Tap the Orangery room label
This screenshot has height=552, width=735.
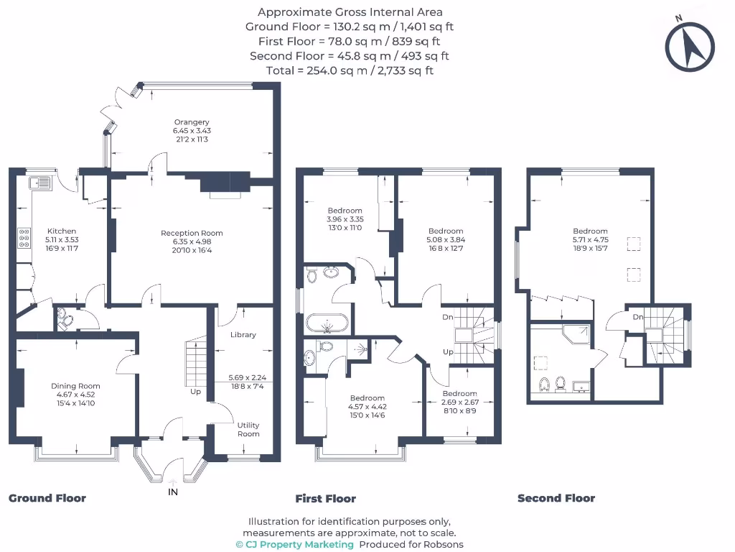[x=191, y=122]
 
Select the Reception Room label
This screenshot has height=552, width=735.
[x=192, y=233]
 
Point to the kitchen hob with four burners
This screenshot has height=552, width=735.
[x=24, y=236]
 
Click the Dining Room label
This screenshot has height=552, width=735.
[x=75, y=386]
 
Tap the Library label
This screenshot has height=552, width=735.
[x=243, y=335]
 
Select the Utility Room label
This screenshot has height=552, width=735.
[x=248, y=429]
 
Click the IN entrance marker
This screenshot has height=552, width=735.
[x=172, y=492]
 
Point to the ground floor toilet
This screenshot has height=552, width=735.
[x=63, y=318]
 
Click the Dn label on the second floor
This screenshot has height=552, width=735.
[x=637, y=317]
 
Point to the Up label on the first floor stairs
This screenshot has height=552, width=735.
[x=448, y=352]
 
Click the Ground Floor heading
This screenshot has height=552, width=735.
[x=47, y=498]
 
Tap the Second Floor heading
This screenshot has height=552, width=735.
[x=556, y=498]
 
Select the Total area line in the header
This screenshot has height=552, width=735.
[x=350, y=70]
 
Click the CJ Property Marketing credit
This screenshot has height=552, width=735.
[x=294, y=544]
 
